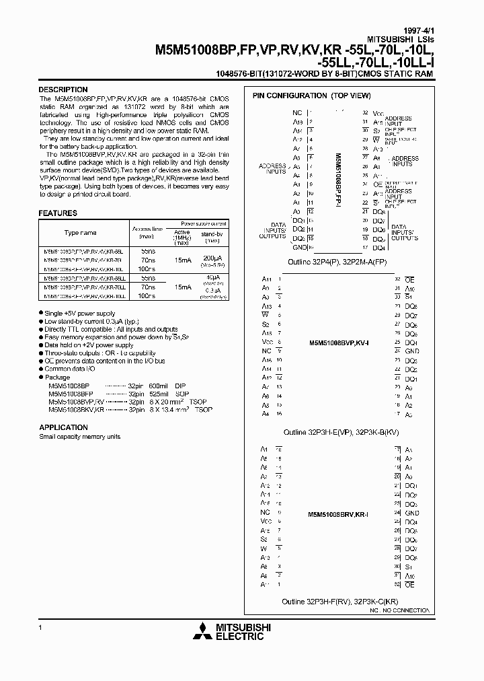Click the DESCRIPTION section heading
pos(63,89)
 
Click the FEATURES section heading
pos(58,213)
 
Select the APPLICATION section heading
pos(64,427)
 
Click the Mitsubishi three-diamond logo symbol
pos(202,632)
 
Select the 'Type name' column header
pos(80,232)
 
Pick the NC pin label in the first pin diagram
pos(296,113)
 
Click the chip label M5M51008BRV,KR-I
pos(340,513)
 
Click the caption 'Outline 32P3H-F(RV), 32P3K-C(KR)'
pos(341,600)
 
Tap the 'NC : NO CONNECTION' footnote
pos(399,610)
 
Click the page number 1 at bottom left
pos(41,627)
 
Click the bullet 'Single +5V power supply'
pos(79,314)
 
